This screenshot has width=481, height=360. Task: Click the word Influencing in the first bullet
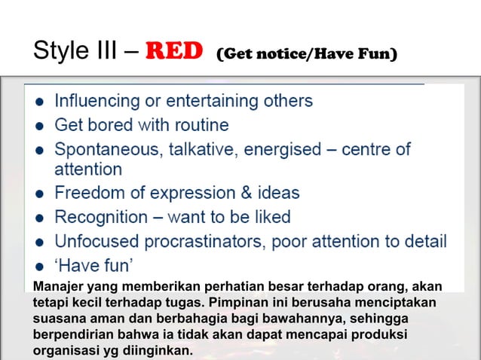(x=97, y=100)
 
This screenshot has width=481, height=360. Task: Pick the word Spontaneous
(x=103, y=149)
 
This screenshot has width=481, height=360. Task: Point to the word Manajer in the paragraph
(x=60, y=286)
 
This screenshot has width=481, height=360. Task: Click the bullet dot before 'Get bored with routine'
(x=38, y=125)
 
